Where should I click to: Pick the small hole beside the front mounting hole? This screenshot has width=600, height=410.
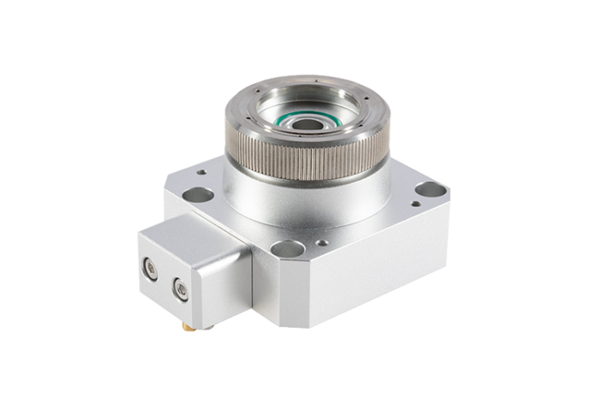(x=319, y=243)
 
